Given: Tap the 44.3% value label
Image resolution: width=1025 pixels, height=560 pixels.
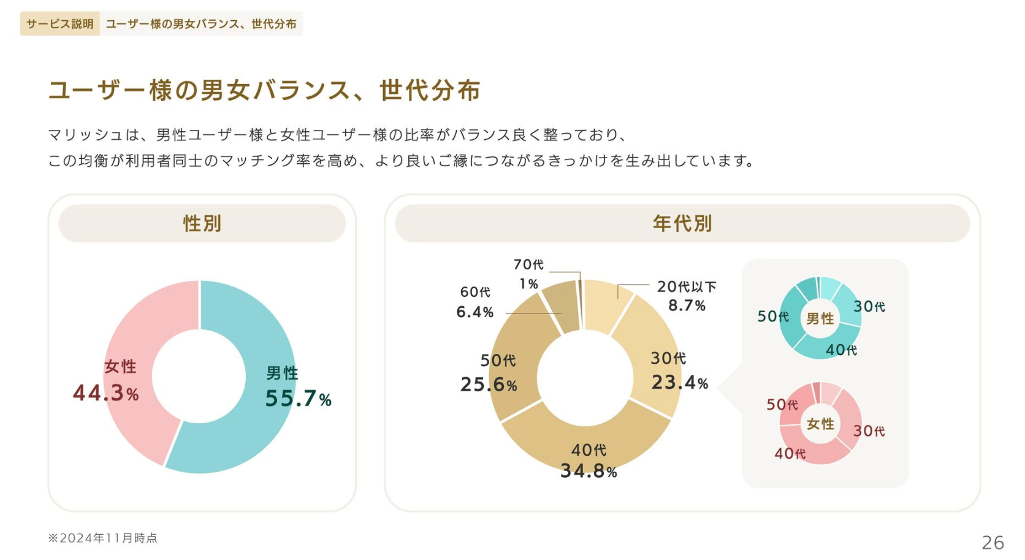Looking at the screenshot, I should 106,393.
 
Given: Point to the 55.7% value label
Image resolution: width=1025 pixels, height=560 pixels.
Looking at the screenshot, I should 298,399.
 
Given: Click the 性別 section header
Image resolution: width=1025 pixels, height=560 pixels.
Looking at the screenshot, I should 202,223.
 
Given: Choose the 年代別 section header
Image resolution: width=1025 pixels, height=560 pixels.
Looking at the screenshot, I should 682,223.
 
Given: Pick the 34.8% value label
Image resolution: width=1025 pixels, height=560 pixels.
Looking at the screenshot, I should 588,471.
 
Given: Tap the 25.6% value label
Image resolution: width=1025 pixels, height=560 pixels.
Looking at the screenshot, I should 489,385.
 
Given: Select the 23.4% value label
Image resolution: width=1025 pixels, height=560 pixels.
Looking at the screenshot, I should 679,383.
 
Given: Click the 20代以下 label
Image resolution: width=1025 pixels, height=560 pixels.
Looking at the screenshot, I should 686,286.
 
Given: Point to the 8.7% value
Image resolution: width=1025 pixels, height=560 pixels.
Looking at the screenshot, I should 687,305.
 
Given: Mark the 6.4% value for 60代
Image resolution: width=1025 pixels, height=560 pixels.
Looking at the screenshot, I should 474,312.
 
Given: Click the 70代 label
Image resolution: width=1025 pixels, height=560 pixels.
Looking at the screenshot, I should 528,264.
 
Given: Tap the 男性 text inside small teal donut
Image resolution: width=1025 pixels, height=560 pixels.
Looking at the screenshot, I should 820,318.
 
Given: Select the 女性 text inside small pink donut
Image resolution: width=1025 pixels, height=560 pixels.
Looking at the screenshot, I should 820,424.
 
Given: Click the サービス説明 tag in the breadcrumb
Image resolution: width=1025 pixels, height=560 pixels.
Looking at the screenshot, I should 59,24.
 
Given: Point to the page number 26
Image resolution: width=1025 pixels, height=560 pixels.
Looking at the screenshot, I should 993,542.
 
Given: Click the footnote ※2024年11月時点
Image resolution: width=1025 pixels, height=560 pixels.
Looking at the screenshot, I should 103,538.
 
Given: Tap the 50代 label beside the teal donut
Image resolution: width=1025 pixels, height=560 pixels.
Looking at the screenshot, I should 772,316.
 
